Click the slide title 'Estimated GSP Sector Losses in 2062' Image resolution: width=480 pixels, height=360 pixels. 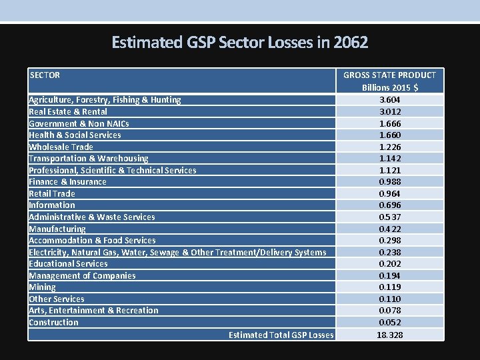(x=240, y=43)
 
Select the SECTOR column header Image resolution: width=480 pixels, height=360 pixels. (x=45, y=75)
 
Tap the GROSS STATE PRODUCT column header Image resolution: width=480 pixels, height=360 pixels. (x=390, y=81)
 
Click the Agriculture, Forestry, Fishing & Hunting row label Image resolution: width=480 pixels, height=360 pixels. (x=105, y=100)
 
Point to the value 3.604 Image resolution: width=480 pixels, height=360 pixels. (x=390, y=100)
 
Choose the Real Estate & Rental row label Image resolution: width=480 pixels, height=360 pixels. (x=68, y=111)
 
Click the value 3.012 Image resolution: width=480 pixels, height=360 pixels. (x=390, y=111)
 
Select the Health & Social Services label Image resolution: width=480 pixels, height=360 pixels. (x=75, y=135)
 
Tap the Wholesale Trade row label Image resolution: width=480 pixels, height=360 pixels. (x=61, y=147)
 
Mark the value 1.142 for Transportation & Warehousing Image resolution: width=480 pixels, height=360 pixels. (x=390, y=159)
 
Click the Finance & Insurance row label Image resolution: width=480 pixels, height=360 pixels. (x=67, y=181)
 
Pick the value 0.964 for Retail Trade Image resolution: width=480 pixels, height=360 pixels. (x=390, y=193)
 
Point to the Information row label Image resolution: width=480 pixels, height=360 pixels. (x=52, y=205)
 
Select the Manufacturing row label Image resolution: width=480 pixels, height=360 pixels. (x=57, y=229)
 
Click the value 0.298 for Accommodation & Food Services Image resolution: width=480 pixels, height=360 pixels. (x=390, y=240)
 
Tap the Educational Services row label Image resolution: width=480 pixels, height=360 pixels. (x=68, y=263)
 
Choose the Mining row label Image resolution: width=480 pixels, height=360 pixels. (x=42, y=287)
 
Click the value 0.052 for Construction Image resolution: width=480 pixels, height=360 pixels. (x=390, y=322)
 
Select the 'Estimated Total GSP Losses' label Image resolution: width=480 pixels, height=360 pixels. (x=281, y=335)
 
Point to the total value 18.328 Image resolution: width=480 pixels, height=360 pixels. (x=390, y=335)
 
